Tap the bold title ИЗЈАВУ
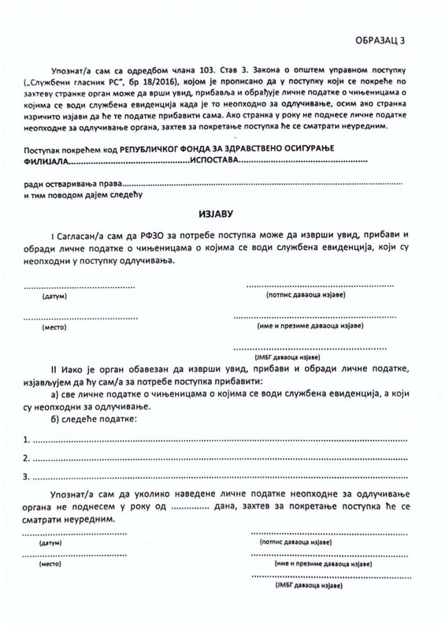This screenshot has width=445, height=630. click(x=223, y=214)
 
